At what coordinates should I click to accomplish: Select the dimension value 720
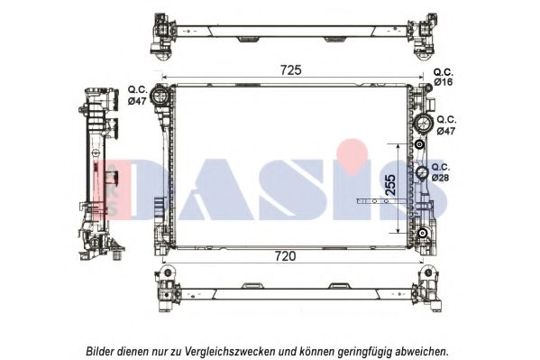[x=284, y=256]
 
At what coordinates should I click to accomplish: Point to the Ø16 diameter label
[x=444, y=82]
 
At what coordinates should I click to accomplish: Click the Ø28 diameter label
[x=440, y=178]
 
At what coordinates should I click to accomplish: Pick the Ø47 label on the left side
[x=137, y=101]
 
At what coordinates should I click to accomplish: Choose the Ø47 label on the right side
[x=446, y=131]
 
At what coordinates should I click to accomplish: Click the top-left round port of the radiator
[x=161, y=95]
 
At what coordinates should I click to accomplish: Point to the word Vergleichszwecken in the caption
[x=222, y=350]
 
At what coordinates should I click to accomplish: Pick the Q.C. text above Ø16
[x=444, y=71]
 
